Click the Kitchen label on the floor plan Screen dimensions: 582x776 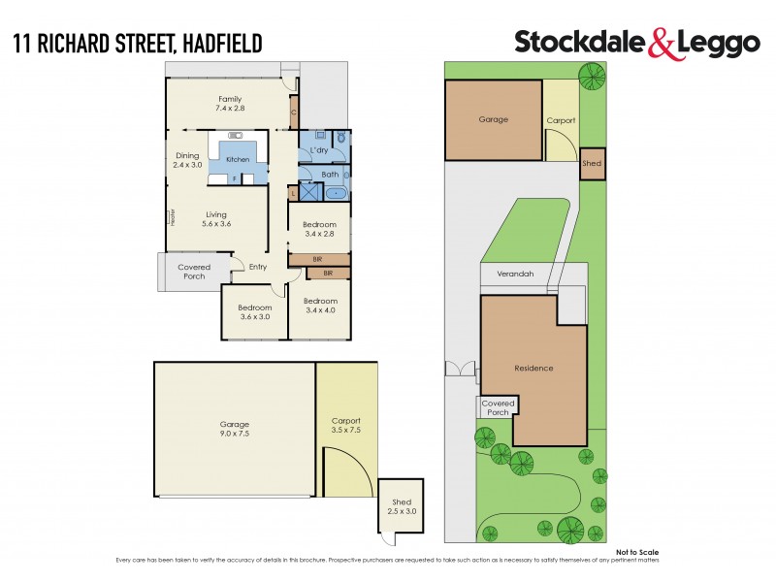coord(238,159)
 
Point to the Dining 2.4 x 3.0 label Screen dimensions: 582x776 coord(187,160)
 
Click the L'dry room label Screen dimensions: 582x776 coord(318,151)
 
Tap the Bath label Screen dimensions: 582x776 coord(331,175)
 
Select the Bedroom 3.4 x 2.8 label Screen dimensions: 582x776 coord(319,229)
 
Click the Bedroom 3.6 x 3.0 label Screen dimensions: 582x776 coord(255,312)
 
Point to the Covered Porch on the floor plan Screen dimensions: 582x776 coord(194,272)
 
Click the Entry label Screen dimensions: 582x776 coord(258,268)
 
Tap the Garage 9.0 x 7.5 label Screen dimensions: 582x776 coord(234,429)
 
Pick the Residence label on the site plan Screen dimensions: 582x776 coord(533,369)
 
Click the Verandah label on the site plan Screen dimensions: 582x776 coord(515,274)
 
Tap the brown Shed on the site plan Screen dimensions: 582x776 coord(592,164)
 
